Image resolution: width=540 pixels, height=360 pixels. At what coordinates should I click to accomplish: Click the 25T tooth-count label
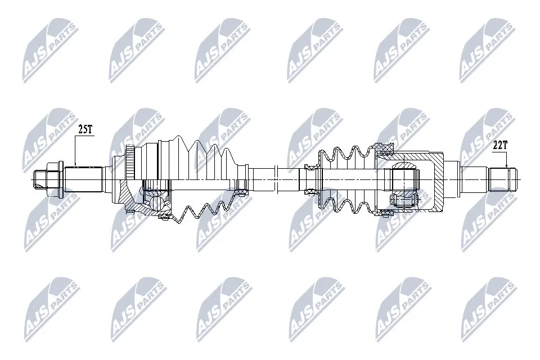(85, 129)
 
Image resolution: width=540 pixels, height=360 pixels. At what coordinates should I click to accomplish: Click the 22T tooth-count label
(499, 146)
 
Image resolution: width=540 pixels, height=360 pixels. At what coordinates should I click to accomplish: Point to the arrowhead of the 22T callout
(507, 166)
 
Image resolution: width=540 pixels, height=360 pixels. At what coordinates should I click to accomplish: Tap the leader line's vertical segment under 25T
(75, 151)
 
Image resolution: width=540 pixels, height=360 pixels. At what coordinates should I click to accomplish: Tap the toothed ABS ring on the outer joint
(129, 162)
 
